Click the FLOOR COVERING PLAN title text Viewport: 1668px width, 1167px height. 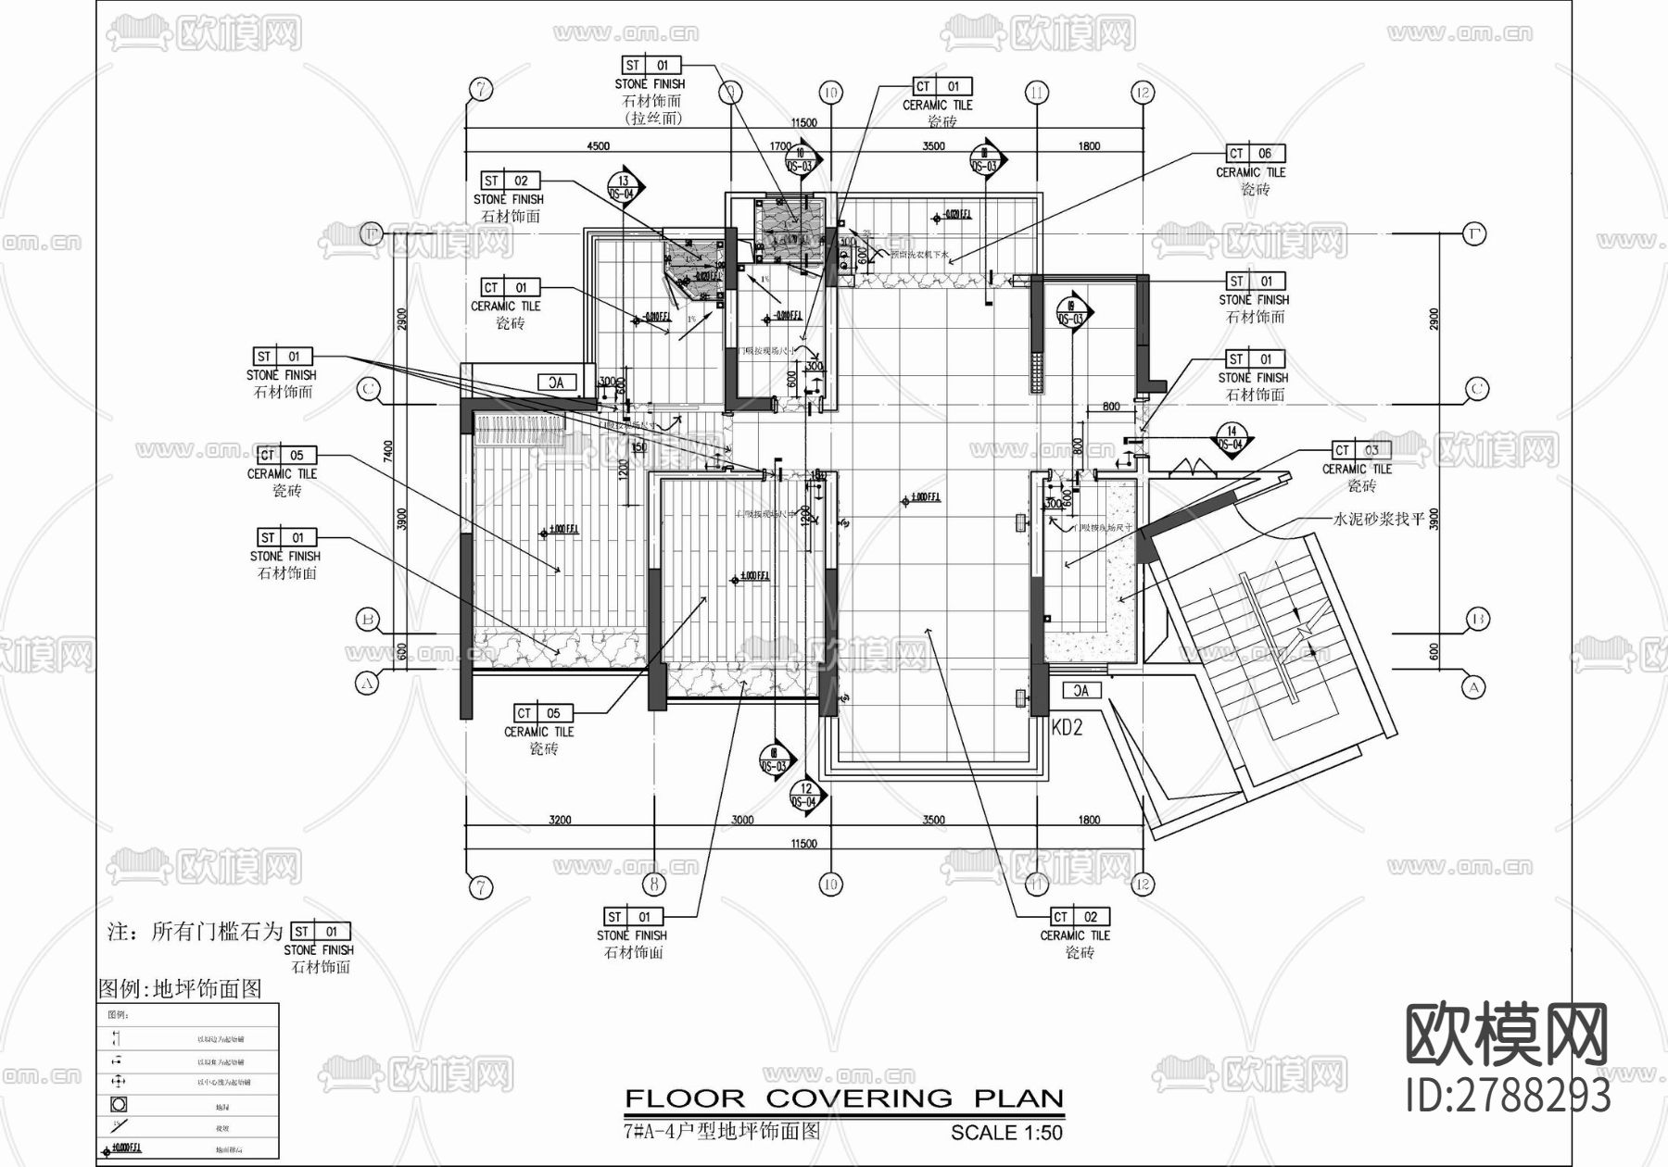pyautogui.click(x=843, y=1099)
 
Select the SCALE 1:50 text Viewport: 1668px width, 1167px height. pyautogui.click(x=1006, y=1133)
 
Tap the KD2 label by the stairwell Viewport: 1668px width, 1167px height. pyautogui.click(x=1067, y=728)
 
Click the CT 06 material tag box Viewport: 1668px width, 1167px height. pyautogui.click(x=1256, y=154)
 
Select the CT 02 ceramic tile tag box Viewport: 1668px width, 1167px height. pyautogui.click(x=1080, y=917)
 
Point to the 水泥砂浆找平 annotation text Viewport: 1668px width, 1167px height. pyautogui.click(x=1378, y=520)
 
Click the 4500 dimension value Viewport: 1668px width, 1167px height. pyautogui.click(x=598, y=146)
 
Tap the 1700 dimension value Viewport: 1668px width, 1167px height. pyautogui.click(x=780, y=146)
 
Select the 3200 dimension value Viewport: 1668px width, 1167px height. pyautogui.click(x=560, y=820)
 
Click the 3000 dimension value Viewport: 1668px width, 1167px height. pyautogui.click(x=742, y=820)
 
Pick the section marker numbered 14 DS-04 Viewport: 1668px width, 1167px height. pyautogui.click(x=1232, y=438)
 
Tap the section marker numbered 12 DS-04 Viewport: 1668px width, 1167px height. pyautogui.click(x=805, y=796)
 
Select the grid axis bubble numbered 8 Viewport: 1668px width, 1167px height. pyautogui.click(x=654, y=885)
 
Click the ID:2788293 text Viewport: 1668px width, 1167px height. pyautogui.click(x=1508, y=1096)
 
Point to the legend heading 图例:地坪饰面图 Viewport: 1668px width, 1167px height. pyautogui.click(x=181, y=989)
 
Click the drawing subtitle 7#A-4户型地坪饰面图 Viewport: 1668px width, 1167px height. pyautogui.click(x=722, y=1131)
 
